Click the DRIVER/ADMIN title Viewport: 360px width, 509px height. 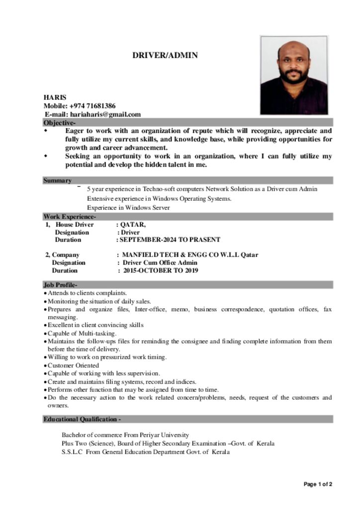pyautogui.click(x=165, y=55)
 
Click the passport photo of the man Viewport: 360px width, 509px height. pyautogui.click(x=293, y=75)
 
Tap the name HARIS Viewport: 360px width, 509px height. pyautogui.click(x=55, y=97)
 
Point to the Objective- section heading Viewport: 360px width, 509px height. pyautogui.click(x=60, y=123)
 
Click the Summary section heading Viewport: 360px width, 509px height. pyautogui.click(x=57, y=180)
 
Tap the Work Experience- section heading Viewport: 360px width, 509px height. pyautogui.click(x=70, y=217)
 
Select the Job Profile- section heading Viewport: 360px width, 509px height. pyautogui.click(x=60, y=285)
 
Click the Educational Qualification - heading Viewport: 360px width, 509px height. pyautogui.click(x=82, y=420)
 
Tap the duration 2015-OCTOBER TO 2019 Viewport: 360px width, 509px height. pyautogui.click(x=161, y=271)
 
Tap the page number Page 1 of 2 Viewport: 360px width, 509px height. pyautogui.click(x=318, y=484)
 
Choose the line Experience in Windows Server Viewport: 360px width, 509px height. pyautogui.click(x=128, y=208)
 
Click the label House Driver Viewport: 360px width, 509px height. pyautogui.click(x=75, y=225)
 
